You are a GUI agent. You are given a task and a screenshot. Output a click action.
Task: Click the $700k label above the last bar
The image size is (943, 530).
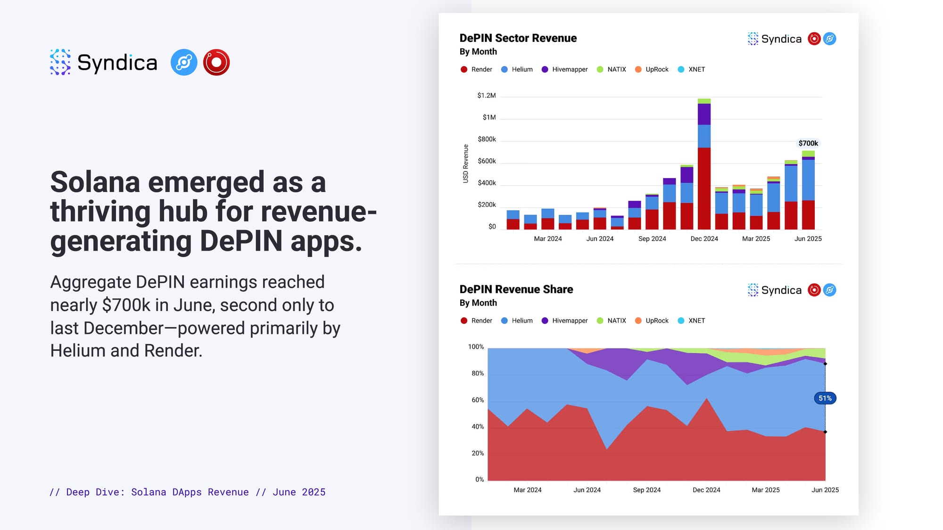tap(808, 143)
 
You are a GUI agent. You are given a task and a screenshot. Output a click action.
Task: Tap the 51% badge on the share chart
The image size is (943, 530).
tap(825, 399)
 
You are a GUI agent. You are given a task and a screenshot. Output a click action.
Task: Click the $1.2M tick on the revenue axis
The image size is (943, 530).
tap(487, 96)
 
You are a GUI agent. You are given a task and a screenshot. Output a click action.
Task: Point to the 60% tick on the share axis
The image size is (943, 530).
tap(478, 400)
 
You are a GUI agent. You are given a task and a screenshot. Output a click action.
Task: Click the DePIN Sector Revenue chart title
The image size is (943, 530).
tap(518, 38)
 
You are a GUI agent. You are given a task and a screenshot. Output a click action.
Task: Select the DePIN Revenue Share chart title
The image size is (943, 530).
tap(516, 289)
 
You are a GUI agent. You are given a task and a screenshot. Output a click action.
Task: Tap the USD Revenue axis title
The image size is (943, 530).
tap(466, 163)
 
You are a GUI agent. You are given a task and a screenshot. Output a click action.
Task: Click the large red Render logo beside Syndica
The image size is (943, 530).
tap(216, 62)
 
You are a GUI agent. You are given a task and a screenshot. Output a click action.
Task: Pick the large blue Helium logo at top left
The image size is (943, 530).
tap(184, 62)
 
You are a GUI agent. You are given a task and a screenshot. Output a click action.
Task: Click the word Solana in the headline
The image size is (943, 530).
tap(95, 182)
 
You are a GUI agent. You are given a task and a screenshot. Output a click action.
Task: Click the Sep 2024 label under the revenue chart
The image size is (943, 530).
tap(652, 239)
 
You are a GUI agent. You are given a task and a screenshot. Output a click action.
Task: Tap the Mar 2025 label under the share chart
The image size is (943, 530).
tap(766, 490)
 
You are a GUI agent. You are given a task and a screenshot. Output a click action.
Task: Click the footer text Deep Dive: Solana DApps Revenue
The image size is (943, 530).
tap(157, 492)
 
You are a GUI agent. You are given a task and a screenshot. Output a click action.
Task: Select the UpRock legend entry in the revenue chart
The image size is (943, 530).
tap(657, 70)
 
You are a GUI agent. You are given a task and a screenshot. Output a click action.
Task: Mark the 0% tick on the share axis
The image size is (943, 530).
tap(480, 480)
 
